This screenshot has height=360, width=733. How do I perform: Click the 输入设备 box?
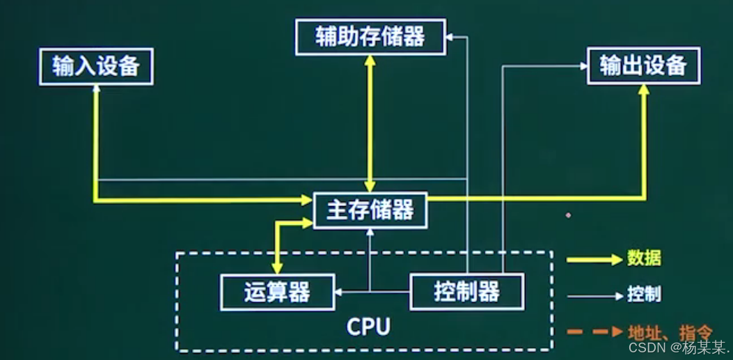(x=96, y=67)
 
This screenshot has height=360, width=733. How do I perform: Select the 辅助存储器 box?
(x=370, y=37)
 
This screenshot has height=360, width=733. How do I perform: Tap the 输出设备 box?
(x=643, y=66)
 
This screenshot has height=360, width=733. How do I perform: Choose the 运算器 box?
(x=276, y=292)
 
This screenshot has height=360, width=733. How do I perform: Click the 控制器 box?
(x=466, y=292)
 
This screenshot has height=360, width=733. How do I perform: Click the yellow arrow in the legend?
(x=593, y=259)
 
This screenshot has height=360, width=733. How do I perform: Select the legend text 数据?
(x=644, y=258)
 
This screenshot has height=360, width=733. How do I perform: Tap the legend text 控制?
(x=644, y=295)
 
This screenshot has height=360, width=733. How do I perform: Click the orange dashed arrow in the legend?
(x=593, y=331)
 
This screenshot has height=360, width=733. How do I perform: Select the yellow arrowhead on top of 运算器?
(x=277, y=268)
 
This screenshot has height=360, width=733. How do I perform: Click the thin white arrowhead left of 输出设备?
(x=583, y=66)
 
